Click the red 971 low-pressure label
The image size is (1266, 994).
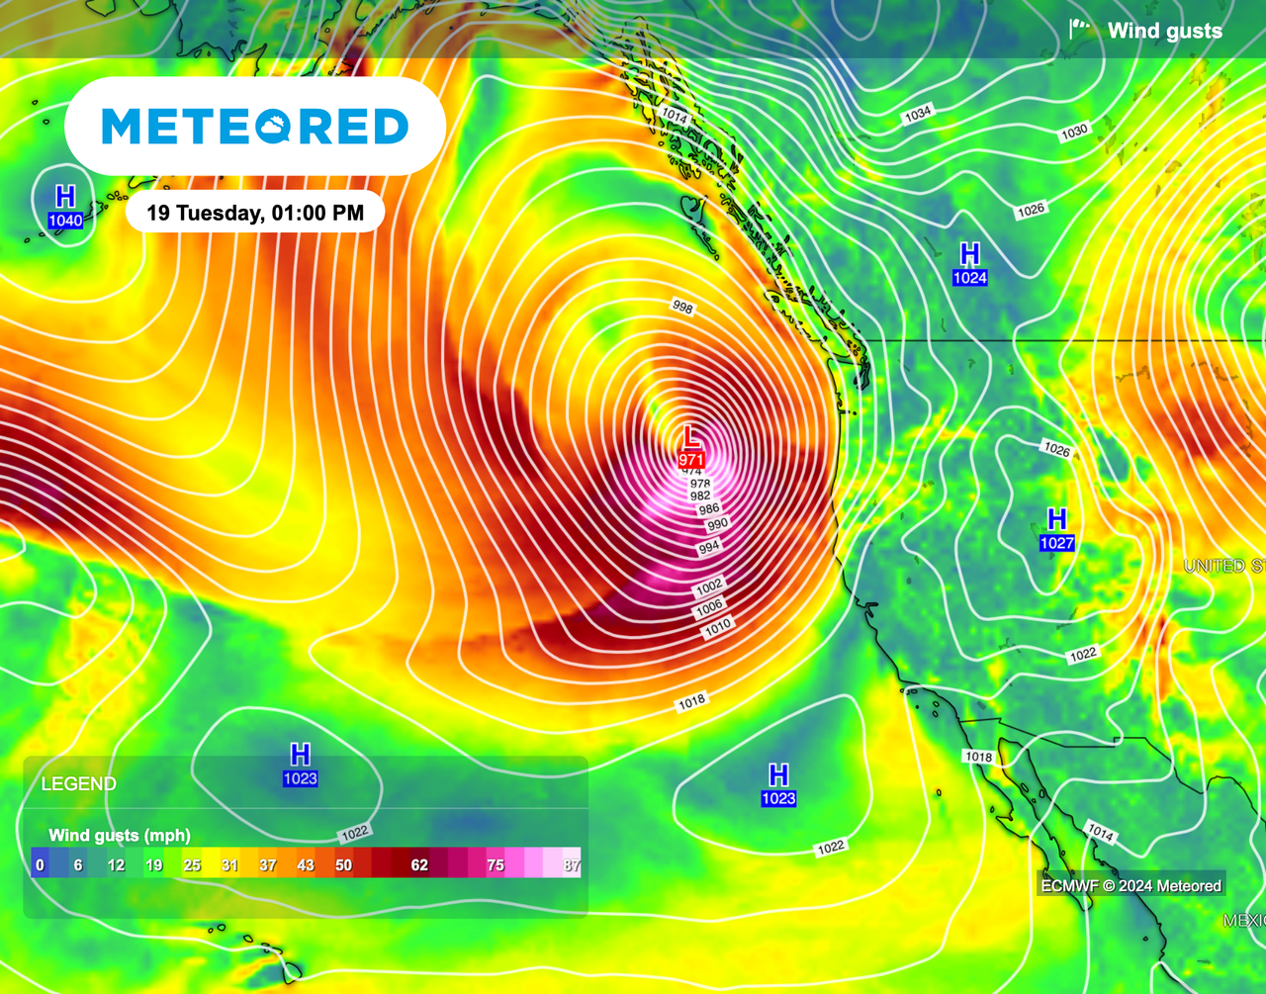(x=691, y=460)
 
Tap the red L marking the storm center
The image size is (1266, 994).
(x=691, y=437)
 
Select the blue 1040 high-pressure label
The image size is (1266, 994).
(x=65, y=221)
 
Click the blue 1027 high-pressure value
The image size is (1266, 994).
(x=1056, y=543)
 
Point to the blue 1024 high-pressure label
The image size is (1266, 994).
(x=969, y=278)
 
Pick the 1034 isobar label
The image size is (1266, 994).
(x=917, y=115)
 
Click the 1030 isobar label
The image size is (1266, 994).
(x=1074, y=131)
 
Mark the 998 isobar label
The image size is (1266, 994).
(x=682, y=308)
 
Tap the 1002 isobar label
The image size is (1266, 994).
(x=709, y=587)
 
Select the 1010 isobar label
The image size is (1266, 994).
(x=718, y=624)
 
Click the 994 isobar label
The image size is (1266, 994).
(x=709, y=547)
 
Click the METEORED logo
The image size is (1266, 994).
(x=255, y=127)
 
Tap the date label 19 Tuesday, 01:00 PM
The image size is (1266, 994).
(x=255, y=212)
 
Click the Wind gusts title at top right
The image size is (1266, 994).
(x=1164, y=31)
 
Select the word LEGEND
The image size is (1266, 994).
(x=79, y=784)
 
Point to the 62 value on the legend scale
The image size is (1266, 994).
(x=419, y=865)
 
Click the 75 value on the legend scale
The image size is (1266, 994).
(x=496, y=865)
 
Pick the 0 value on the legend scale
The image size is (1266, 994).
(x=40, y=865)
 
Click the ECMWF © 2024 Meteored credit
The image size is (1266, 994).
(x=1130, y=886)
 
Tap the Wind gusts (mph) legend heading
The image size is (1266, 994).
(x=120, y=836)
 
